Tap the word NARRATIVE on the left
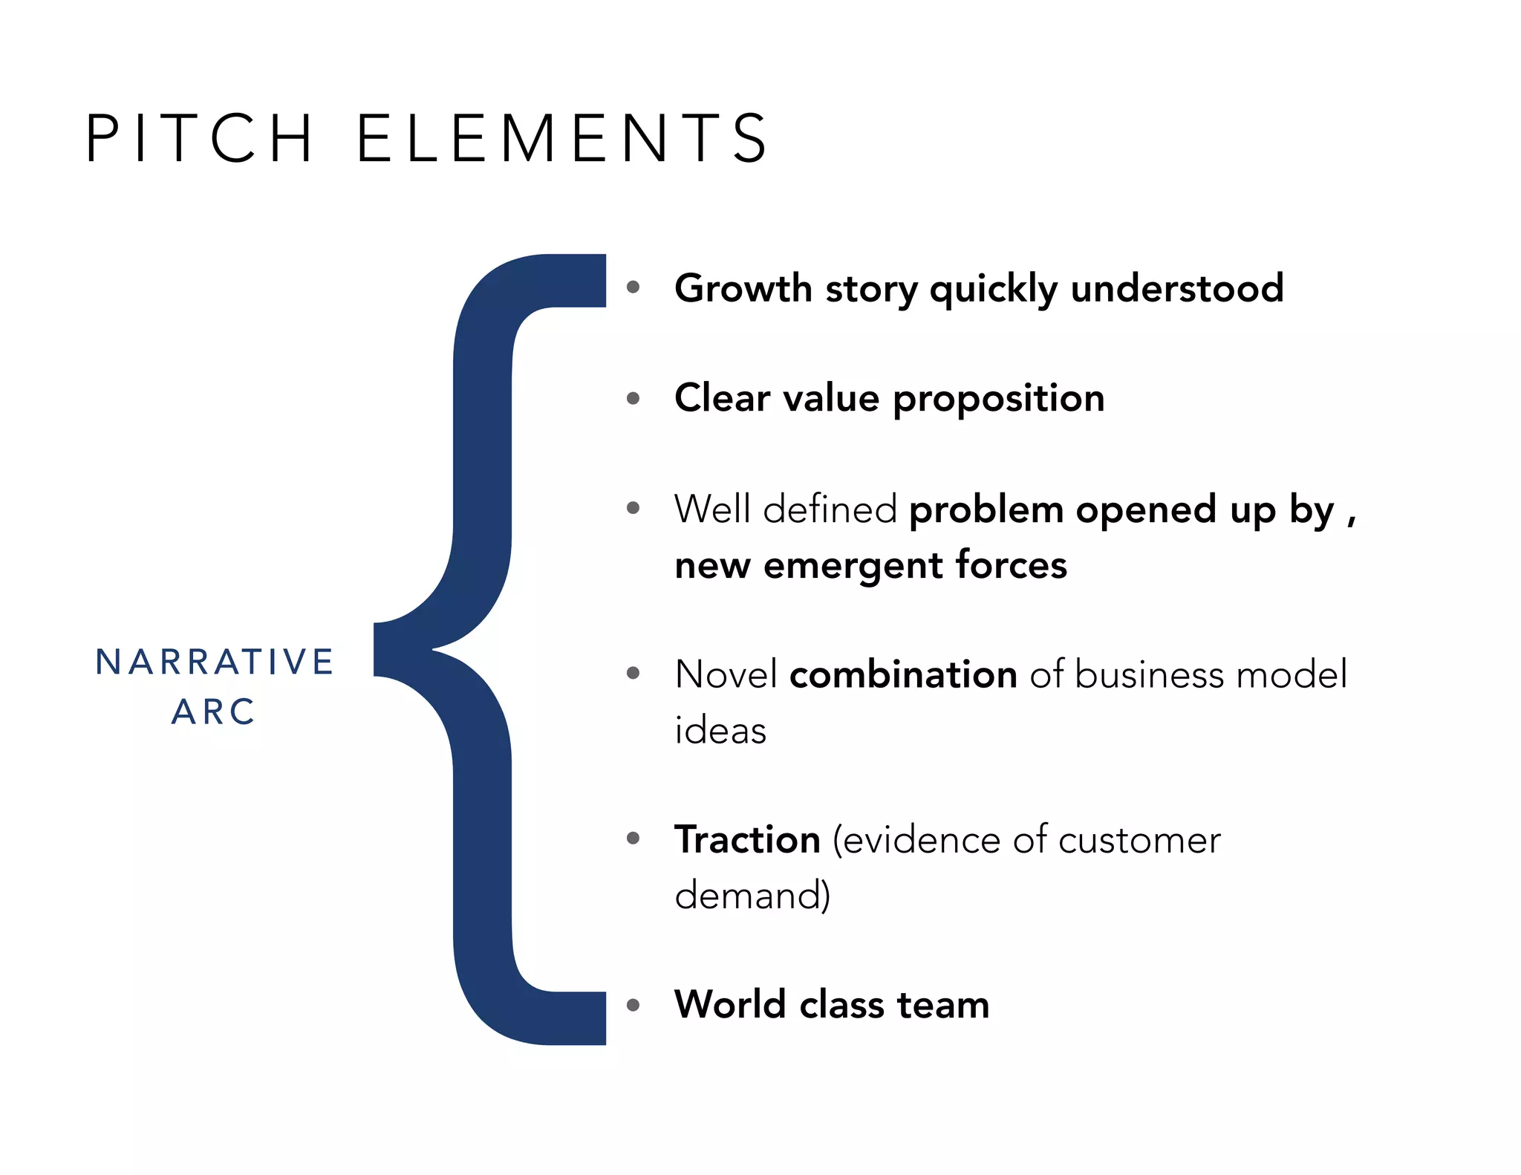tap(215, 662)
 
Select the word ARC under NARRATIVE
tap(214, 712)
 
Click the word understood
tap(1177, 288)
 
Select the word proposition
tap(998, 398)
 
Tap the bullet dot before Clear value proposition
tap(633, 398)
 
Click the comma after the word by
tap(1351, 520)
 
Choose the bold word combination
tap(903, 675)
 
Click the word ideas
tap(720, 731)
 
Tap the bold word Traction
tap(747, 840)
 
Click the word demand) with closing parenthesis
tap(752, 895)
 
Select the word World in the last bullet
tap(729, 1005)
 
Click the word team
tap(943, 1005)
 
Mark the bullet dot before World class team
tap(633, 1006)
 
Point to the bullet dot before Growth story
tap(633, 287)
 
